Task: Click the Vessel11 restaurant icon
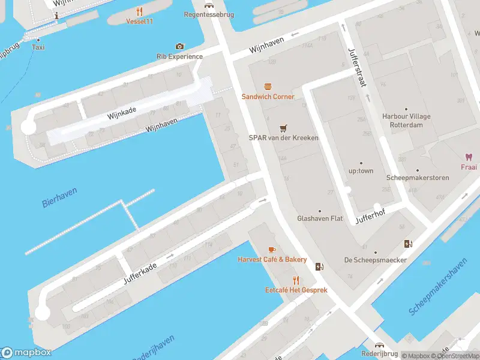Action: (140, 11)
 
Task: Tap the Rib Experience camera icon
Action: (179, 46)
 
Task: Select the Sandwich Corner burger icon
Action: (268, 86)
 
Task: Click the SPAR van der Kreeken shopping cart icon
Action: (283, 128)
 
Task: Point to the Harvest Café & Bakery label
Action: (272, 259)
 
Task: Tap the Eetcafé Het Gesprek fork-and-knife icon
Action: (296, 280)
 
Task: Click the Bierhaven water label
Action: (60, 197)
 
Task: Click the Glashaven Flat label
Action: (320, 218)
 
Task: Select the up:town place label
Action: (361, 171)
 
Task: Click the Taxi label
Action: (38, 47)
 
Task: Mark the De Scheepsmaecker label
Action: (376, 260)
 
